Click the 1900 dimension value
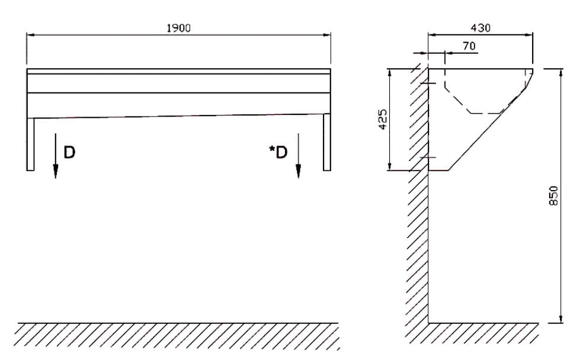point(179,28)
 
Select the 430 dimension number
point(481,28)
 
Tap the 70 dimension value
point(469,46)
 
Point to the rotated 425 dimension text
point(383,119)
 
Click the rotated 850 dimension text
point(553,195)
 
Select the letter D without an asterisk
point(69,152)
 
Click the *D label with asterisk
point(278,152)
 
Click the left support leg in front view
point(30,144)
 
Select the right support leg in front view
point(327,142)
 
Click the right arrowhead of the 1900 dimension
point(326,35)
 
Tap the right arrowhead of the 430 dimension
point(528,36)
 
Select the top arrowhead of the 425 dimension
point(390,73)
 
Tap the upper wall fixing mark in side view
point(428,83)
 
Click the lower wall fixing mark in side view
point(428,157)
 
